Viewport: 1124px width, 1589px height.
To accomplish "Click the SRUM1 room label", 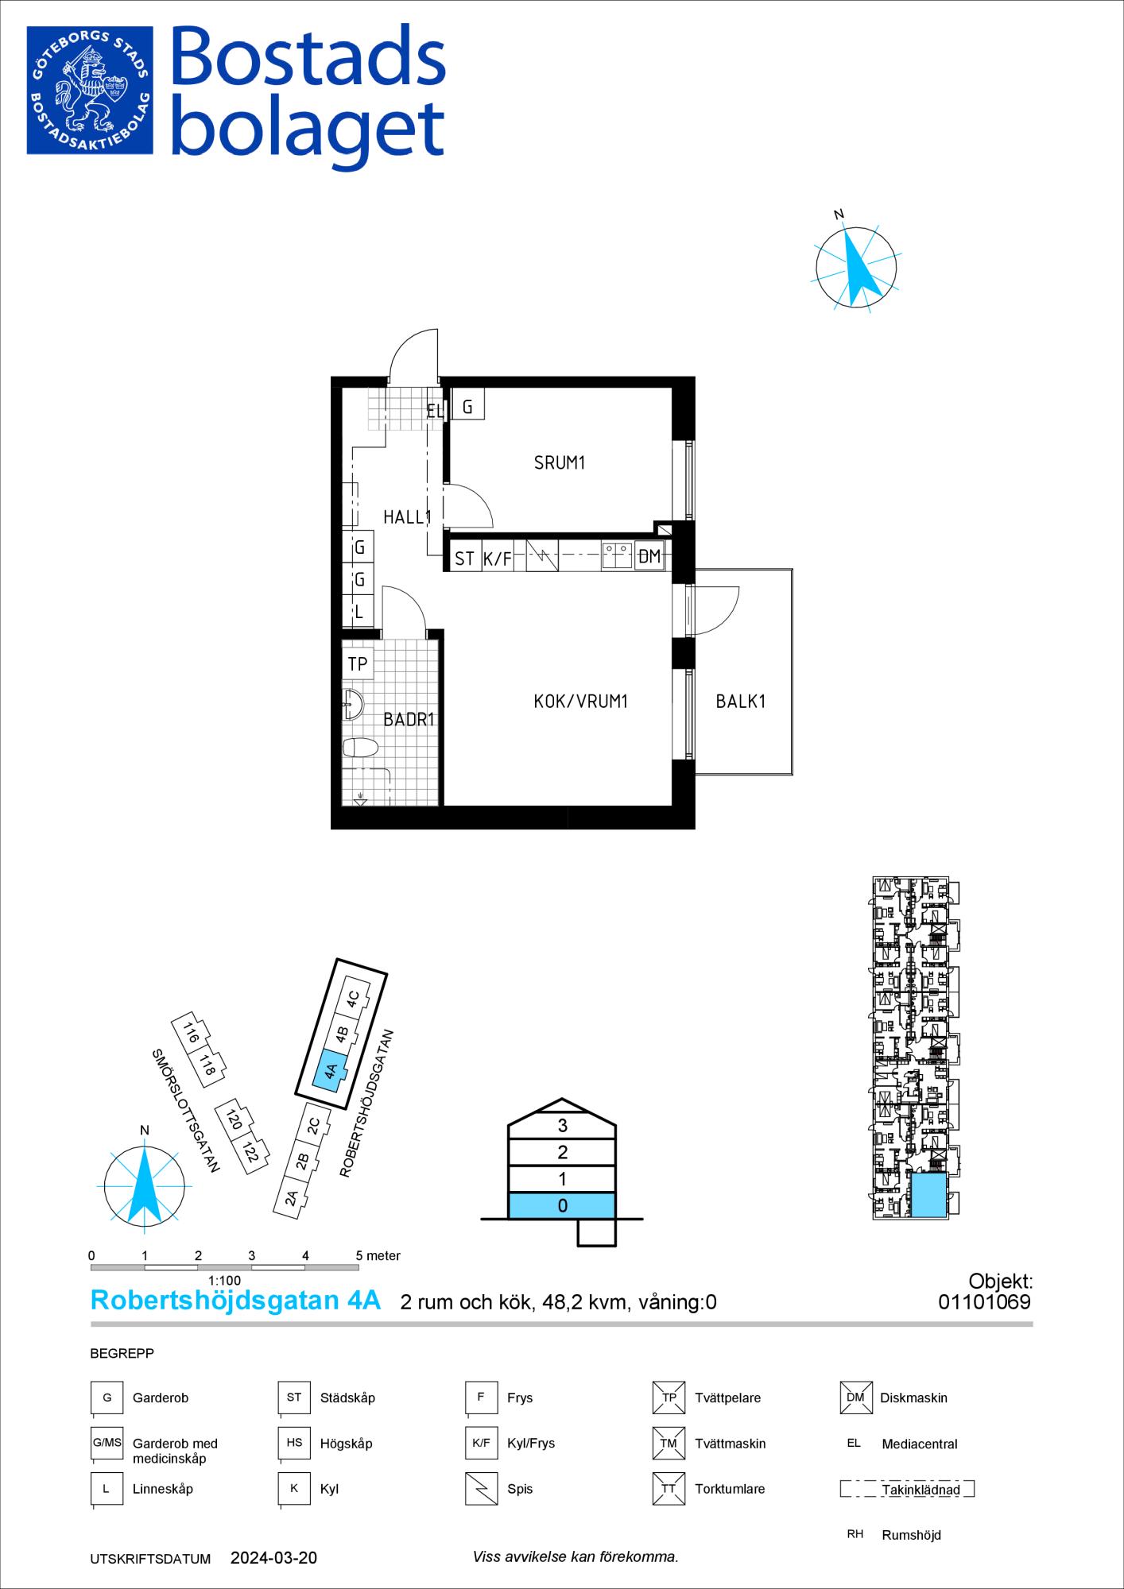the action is point(559,462).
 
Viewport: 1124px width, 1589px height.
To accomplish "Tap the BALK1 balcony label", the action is point(740,702).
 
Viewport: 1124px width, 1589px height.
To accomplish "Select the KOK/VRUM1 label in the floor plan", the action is point(581,702).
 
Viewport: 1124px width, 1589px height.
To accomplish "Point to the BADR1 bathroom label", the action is point(409,720).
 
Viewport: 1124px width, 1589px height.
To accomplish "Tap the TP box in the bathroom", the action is point(358,663).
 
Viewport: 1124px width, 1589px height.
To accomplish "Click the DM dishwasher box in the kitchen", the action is point(649,556).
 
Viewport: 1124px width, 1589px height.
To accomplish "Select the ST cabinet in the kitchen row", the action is point(465,558).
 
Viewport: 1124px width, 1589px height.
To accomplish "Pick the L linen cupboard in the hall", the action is point(359,611).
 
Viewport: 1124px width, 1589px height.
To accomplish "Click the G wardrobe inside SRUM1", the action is point(467,407).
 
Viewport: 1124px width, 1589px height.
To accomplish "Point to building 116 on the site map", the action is point(190,1034).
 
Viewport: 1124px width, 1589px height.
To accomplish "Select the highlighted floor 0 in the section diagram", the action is point(562,1205).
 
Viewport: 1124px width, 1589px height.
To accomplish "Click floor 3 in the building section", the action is point(562,1125).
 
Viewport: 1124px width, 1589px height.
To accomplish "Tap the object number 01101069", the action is point(985,1301).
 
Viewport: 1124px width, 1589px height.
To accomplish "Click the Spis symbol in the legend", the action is point(480,1489).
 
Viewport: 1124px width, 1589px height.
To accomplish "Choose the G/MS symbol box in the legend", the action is point(107,1443).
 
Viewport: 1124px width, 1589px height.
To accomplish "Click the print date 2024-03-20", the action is point(273,1558).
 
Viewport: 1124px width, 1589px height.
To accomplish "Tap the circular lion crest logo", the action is point(90,90).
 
